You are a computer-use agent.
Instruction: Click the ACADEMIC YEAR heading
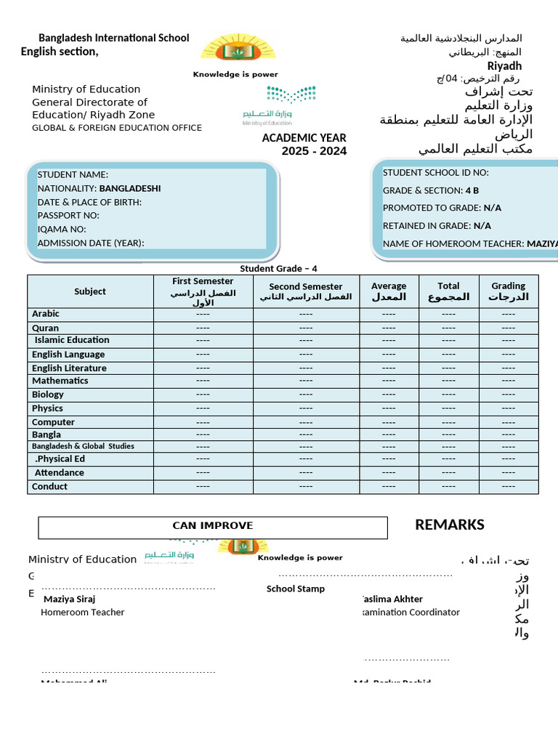tap(304, 138)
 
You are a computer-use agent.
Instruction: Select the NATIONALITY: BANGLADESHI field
tap(99, 188)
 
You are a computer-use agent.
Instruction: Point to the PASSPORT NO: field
tap(68, 216)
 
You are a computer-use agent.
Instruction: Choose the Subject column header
tap(90, 291)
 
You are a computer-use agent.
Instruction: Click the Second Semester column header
tap(305, 291)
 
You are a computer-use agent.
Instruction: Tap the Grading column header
tap(508, 291)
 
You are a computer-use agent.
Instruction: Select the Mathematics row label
tap(60, 381)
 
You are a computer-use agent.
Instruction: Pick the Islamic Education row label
tap(72, 340)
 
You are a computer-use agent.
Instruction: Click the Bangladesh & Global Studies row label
tap(83, 446)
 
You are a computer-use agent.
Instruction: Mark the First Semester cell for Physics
tap(203, 408)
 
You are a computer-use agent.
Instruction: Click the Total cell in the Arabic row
tap(448, 314)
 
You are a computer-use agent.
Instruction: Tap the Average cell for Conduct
tap(389, 487)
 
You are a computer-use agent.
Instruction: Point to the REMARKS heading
tap(449, 525)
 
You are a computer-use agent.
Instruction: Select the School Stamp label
tap(295, 589)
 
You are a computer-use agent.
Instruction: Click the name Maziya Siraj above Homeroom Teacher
tap(69, 599)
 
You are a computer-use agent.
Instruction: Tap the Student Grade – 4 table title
tap(278, 269)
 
